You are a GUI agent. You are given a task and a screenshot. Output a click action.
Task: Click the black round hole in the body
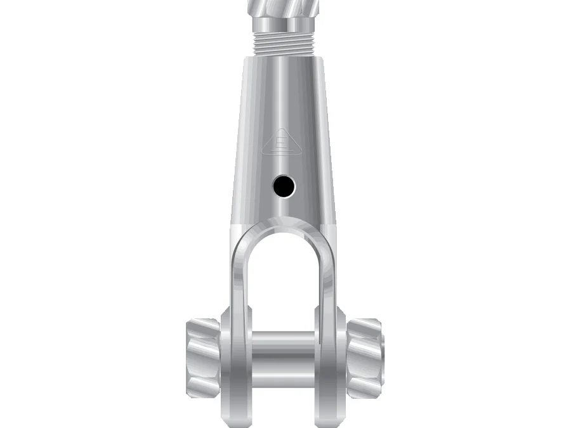pos(284,186)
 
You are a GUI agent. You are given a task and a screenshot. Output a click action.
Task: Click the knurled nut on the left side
pos(202,355)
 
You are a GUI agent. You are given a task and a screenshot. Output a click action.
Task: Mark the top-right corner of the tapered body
pos(325,57)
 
